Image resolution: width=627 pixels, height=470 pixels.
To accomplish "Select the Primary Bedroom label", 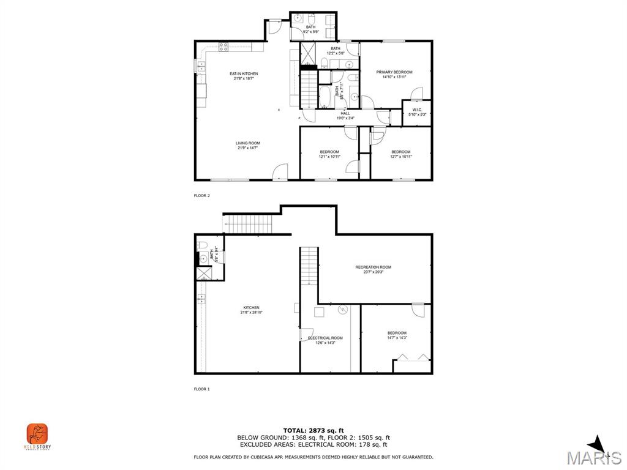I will pos(394,74).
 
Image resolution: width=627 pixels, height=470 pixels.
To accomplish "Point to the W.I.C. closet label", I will pos(417,112).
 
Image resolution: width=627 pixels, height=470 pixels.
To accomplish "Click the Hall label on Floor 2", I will pos(345,115).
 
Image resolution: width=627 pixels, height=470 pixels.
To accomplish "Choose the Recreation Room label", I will pos(373,269).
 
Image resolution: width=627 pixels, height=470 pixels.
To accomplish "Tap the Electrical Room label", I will pos(325,340).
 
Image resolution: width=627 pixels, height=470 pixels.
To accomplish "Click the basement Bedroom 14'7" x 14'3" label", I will pos(397,335).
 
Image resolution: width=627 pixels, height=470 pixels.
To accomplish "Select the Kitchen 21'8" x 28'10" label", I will pos(251,310).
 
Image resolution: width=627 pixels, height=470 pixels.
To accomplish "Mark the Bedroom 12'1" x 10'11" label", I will pos(329,154).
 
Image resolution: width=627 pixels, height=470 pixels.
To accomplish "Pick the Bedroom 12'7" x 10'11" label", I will pos(401,154).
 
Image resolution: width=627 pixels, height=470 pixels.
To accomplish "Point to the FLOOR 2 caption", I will pos(201,196).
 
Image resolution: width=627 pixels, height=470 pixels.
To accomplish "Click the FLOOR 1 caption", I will pos(201,389).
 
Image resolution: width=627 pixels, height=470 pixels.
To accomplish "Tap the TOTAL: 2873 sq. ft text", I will pos(313,430).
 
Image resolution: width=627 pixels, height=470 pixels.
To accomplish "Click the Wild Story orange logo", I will pos(37,435).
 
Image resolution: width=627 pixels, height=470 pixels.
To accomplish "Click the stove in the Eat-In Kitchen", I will pos(223,46).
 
